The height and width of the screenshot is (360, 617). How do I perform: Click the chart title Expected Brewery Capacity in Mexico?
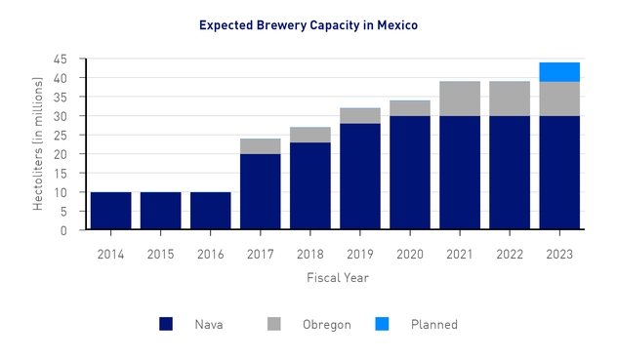[308, 24]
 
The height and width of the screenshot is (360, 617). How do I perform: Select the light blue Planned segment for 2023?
[559, 72]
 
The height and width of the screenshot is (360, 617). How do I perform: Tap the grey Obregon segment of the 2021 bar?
[460, 99]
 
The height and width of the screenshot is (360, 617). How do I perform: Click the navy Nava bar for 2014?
[110, 211]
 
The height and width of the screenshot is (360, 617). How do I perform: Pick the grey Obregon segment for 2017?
[261, 146]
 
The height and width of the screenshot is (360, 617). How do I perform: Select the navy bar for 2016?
[210, 211]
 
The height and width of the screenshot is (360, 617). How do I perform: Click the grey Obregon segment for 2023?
[559, 99]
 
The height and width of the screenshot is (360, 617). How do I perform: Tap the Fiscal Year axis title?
[334, 277]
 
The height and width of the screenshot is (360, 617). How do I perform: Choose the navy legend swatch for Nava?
[167, 324]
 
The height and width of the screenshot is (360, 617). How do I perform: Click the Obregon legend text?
[326, 325]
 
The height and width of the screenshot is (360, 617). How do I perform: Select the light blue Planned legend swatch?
[382, 324]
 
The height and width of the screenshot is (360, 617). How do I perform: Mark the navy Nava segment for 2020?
[410, 173]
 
